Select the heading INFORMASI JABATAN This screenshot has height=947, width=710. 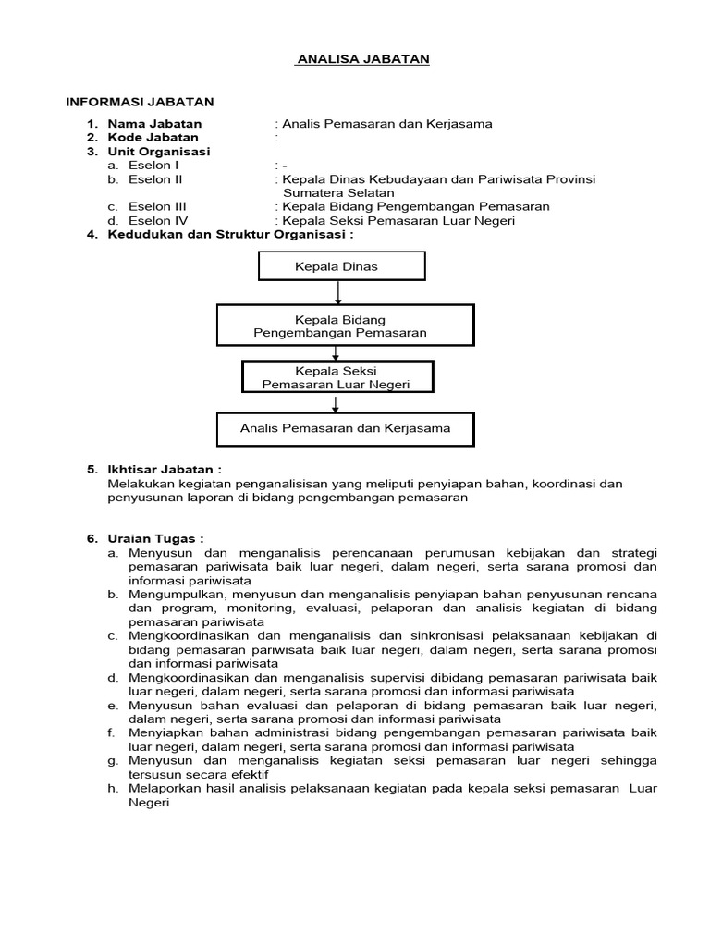point(139,102)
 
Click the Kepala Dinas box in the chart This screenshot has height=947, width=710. point(342,267)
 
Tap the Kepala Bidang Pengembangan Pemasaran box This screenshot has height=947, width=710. point(345,326)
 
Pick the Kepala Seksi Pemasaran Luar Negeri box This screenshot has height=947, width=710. point(337,376)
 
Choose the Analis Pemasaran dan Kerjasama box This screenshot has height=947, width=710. point(345,428)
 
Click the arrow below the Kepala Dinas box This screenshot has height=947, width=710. point(339,293)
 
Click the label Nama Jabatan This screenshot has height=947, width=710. point(154,123)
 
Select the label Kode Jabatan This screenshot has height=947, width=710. point(153,137)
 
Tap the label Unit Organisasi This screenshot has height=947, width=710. point(158,151)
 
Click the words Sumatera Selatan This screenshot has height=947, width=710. point(335,192)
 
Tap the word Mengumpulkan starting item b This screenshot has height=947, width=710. point(175,594)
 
